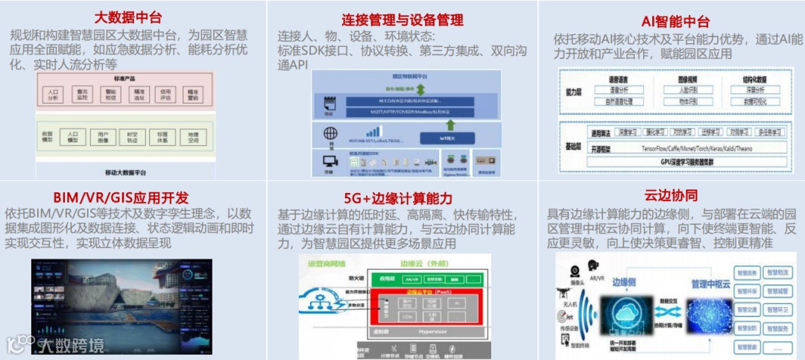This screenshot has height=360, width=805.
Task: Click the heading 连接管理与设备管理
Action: [402, 19]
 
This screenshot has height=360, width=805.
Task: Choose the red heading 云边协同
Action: [671, 196]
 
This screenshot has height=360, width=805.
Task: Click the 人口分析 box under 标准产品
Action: [54, 95]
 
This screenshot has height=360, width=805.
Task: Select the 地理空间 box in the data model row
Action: [193, 137]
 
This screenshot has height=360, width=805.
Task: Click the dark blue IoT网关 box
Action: [446, 137]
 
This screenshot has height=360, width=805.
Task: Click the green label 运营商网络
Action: [326, 263]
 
